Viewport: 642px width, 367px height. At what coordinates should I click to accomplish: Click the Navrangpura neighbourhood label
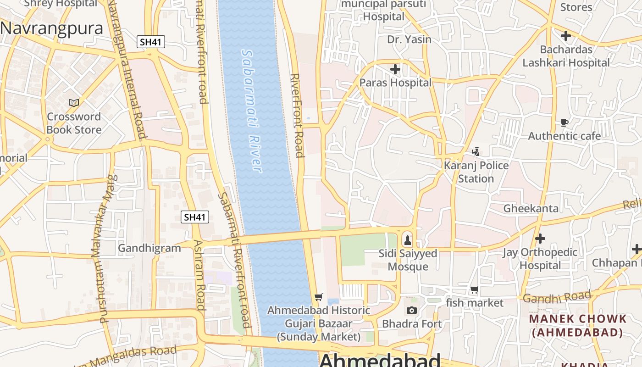(x=51, y=28)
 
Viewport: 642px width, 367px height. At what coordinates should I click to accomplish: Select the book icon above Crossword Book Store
(x=74, y=103)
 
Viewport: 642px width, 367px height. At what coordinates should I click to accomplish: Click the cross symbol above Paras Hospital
(x=395, y=69)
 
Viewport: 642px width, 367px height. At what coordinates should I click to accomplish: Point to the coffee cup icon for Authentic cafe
(x=565, y=122)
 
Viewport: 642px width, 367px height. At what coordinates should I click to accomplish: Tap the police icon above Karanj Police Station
(x=476, y=151)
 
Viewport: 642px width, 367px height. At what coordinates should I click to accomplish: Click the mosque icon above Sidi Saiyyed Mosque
(x=407, y=239)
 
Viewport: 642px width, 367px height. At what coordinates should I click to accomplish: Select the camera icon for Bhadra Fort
(x=412, y=311)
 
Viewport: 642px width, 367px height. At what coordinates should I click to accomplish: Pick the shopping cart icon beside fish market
(x=474, y=289)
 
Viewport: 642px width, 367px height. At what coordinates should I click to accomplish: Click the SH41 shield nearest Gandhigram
(x=195, y=217)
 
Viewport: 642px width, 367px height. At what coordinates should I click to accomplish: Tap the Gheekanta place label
(x=531, y=209)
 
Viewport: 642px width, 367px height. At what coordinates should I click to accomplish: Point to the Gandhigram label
(x=149, y=248)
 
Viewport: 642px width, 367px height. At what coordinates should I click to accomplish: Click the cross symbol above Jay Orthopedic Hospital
(x=540, y=239)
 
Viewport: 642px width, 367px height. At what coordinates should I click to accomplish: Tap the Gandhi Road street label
(x=557, y=297)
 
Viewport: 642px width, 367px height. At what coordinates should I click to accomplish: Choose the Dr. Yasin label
(x=409, y=39)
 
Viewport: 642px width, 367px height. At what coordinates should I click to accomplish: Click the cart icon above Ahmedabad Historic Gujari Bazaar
(x=319, y=297)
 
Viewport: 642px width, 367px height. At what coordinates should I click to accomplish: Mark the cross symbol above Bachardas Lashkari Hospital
(x=566, y=35)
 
